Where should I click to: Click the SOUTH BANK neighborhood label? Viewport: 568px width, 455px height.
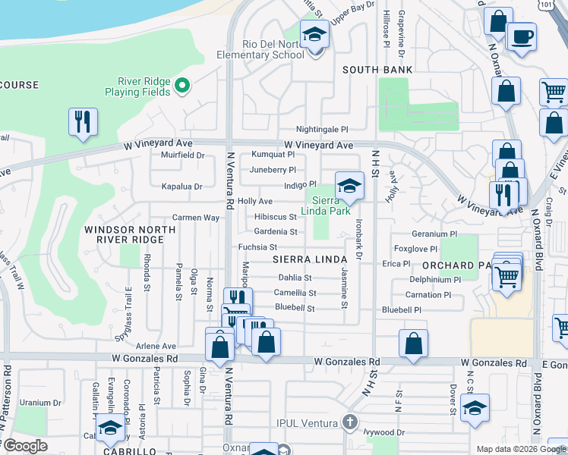pos(377,70)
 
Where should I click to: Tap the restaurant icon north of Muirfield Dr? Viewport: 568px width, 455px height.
pos(83,121)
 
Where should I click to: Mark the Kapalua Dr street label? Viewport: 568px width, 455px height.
pos(181,186)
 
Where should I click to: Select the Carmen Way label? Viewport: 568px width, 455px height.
pos(195,218)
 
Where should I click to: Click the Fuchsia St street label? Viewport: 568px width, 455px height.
pos(257,247)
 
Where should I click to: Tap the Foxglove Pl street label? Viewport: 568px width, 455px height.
pos(415,249)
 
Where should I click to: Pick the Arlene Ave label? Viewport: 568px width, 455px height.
pos(156,346)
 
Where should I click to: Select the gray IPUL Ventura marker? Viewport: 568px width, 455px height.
pos(349,421)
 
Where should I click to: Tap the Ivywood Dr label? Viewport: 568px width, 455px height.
pos(384,433)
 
